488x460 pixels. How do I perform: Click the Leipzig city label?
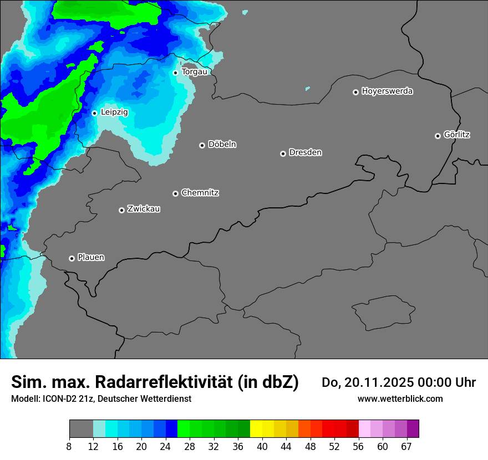[114, 112]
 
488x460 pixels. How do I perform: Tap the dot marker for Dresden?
[283, 154]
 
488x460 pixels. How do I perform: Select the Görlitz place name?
[457, 135]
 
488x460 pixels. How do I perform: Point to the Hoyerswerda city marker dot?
[355, 92]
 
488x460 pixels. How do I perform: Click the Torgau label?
[194, 71]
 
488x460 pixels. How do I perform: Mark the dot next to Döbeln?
[202, 145]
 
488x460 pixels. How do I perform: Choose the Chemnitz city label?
[200, 193]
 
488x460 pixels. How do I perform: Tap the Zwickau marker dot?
[121, 210]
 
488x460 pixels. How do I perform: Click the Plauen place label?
[91, 257]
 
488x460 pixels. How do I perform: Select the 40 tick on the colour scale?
[262, 447]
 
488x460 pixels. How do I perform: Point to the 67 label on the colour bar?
[406, 447]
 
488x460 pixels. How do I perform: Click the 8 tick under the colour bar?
[69, 447]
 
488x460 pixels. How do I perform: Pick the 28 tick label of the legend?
[190, 447]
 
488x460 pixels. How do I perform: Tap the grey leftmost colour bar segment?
[81, 429]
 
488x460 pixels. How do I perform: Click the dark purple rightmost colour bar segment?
[413, 429]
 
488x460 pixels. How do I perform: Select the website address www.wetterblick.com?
[400, 398]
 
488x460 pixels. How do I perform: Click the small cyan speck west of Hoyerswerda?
[307, 88]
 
